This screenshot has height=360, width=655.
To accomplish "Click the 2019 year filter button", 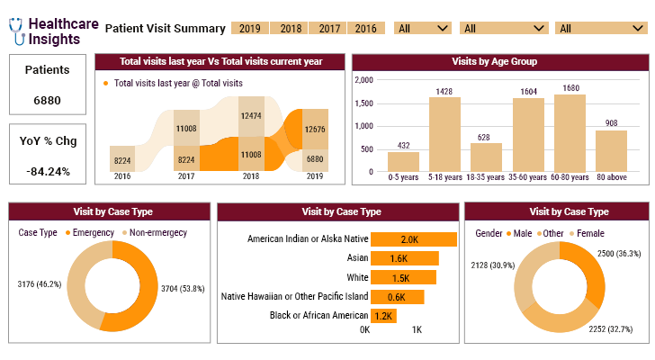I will (249, 28).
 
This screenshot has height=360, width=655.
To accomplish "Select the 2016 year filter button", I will (365, 28).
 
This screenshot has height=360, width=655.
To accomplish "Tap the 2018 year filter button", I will (291, 28).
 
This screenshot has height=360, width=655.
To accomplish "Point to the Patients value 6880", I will (47, 100).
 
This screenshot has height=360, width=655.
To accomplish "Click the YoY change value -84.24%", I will (47, 171).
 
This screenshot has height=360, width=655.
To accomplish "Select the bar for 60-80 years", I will (571, 133).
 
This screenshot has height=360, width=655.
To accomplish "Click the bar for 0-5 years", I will (403, 161).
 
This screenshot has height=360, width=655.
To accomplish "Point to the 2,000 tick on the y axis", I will (363, 80).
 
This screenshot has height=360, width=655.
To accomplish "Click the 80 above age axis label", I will (612, 177).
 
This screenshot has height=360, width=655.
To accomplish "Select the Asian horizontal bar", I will (404, 258).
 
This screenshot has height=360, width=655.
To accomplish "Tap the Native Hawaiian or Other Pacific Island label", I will (294, 296).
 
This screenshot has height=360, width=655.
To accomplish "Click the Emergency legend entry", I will (89, 233).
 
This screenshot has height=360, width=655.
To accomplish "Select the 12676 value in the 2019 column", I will (315, 130).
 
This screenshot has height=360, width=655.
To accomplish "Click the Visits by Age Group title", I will (499, 62).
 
